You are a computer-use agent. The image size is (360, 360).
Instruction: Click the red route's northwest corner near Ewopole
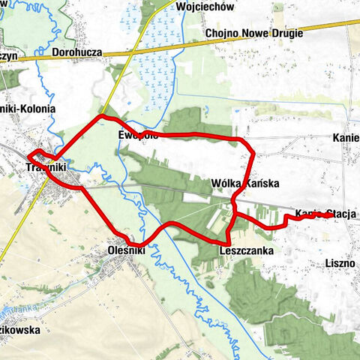pyautogui.click(x=100, y=118)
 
